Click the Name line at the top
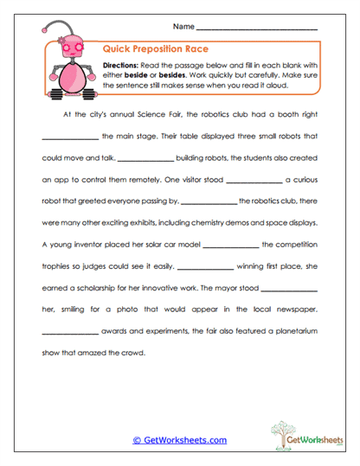[x=268, y=30]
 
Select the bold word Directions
[x=124, y=66]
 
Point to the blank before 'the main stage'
[x=69, y=137]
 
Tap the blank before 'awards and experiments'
[x=69, y=333]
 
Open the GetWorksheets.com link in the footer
[x=179, y=440]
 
